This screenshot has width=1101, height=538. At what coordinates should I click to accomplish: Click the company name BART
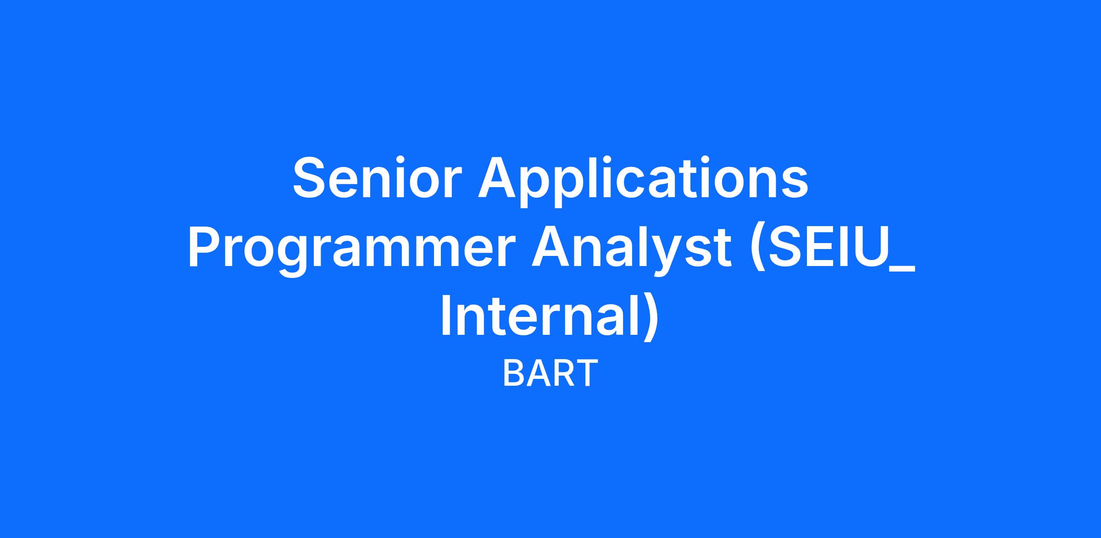point(550,374)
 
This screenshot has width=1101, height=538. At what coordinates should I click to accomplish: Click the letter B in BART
point(514,374)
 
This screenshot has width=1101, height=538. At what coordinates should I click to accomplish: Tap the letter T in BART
point(587,374)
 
